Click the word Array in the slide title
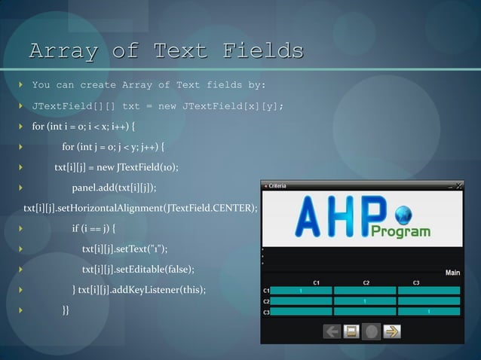pos(64,51)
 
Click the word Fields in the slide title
pos(263,51)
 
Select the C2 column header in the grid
pos(366,282)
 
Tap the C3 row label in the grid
pos(266,311)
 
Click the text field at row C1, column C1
pos(300,290)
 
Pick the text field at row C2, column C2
pos(365,301)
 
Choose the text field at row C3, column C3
pos(428,311)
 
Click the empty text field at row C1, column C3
pos(428,290)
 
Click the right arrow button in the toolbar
pos(392,331)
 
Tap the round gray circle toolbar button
pos(371,331)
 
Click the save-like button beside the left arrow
pos(351,331)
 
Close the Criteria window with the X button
pos(458,185)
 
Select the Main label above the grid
pos(452,273)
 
